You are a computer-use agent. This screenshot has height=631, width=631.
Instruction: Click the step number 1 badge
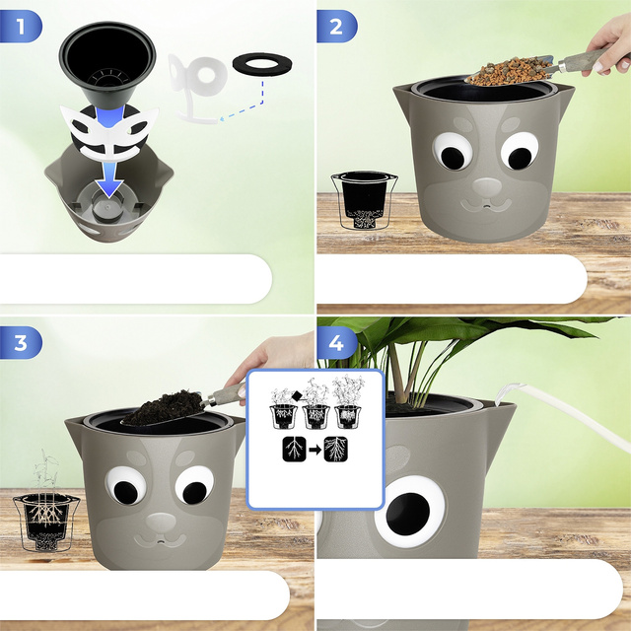20,27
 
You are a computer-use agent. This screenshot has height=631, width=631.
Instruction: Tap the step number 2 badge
336,27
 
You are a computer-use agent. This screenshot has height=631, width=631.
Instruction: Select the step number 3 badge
20,343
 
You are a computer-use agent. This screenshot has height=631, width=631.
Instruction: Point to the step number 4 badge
336,343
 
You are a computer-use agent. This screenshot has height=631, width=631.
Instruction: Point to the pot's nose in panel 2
487,187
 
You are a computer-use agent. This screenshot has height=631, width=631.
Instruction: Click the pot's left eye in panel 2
453,152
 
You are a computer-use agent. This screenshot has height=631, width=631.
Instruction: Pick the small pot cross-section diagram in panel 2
364,200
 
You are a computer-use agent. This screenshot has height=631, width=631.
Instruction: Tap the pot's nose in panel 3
161,522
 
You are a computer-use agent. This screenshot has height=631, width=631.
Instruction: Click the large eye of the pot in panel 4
410,511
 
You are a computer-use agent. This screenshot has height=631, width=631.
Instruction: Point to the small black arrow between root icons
315,450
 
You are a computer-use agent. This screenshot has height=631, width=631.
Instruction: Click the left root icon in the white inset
294,449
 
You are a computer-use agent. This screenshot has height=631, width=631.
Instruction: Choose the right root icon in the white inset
335,449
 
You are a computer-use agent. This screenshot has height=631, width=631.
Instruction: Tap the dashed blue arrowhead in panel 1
222,118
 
